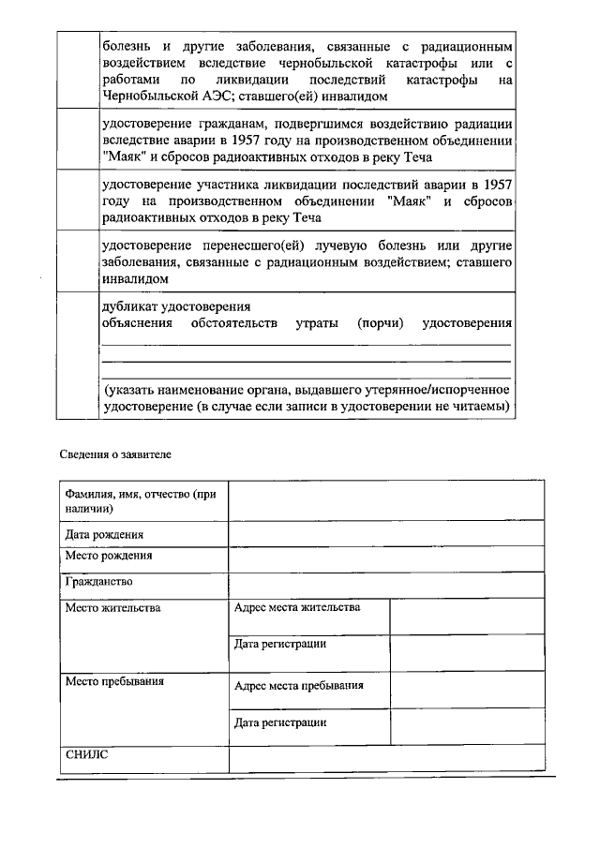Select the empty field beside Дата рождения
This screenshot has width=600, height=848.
click(x=385, y=533)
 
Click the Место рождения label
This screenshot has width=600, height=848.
click(x=109, y=555)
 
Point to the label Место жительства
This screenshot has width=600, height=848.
click(x=112, y=608)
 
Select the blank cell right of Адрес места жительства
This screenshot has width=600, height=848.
click(x=466, y=616)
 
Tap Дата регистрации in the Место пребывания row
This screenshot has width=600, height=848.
click(x=280, y=722)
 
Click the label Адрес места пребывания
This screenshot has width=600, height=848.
click(x=298, y=686)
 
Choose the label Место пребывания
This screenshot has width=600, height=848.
click(x=114, y=681)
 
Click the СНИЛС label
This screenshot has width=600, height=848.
click(x=87, y=753)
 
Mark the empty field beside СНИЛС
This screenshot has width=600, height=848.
click(x=385, y=760)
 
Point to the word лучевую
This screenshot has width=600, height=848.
click(x=369, y=245)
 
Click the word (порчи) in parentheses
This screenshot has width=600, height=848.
click(x=380, y=323)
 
